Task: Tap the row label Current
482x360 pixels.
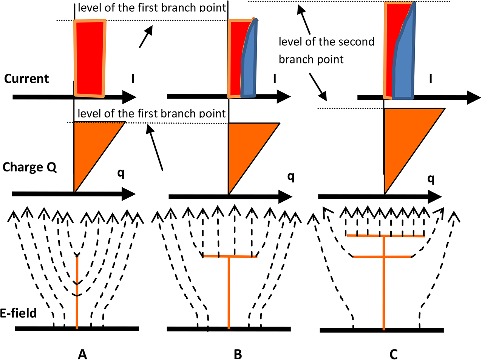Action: (x=26, y=79)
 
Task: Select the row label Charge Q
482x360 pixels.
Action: (x=29, y=167)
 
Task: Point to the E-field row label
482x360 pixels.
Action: (x=19, y=313)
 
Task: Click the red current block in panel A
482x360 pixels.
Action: (x=90, y=57)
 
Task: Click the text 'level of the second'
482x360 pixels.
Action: (x=326, y=42)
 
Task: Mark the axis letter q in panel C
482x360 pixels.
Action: (x=431, y=178)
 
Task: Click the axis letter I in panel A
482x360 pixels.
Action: (x=133, y=78)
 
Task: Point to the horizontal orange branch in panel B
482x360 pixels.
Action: (x=230, y=256)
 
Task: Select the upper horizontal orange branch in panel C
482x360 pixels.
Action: (x=385, y=236)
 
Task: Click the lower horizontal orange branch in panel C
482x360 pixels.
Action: (x=382, y=257)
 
